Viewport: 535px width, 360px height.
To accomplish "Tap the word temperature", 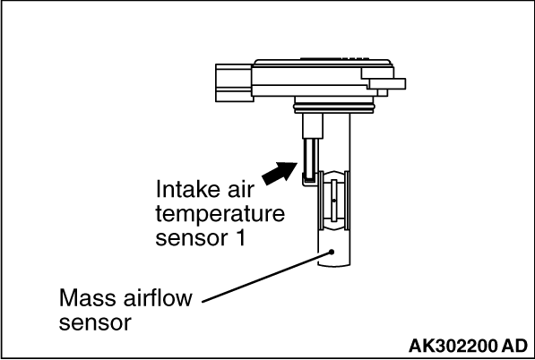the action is pos(220,214).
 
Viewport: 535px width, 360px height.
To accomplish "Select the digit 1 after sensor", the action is pos(240,237).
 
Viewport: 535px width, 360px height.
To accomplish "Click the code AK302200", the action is pos(453,346).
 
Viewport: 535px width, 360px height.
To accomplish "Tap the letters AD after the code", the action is pos(514,346).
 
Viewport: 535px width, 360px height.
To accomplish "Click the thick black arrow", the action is pos(280,173).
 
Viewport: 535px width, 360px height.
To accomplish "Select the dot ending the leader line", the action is pos(332,252).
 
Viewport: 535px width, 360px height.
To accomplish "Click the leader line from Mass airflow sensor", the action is pos(266,277).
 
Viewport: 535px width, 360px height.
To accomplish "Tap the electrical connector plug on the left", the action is pos(235,83).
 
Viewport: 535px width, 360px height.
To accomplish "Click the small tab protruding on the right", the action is pos(387,84).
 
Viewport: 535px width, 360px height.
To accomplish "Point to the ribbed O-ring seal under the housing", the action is pos(334,108).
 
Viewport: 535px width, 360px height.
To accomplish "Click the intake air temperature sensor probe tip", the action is pos(310,180).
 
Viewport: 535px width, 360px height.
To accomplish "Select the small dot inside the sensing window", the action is pos(334,201).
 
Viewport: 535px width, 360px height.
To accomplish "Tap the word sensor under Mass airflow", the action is pos(95,323).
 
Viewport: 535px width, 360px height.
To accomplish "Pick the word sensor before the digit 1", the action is pos(192,238).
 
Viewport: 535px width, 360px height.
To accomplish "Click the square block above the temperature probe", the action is pos(313,125).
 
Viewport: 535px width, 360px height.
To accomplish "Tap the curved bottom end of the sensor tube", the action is pos(334,265).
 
